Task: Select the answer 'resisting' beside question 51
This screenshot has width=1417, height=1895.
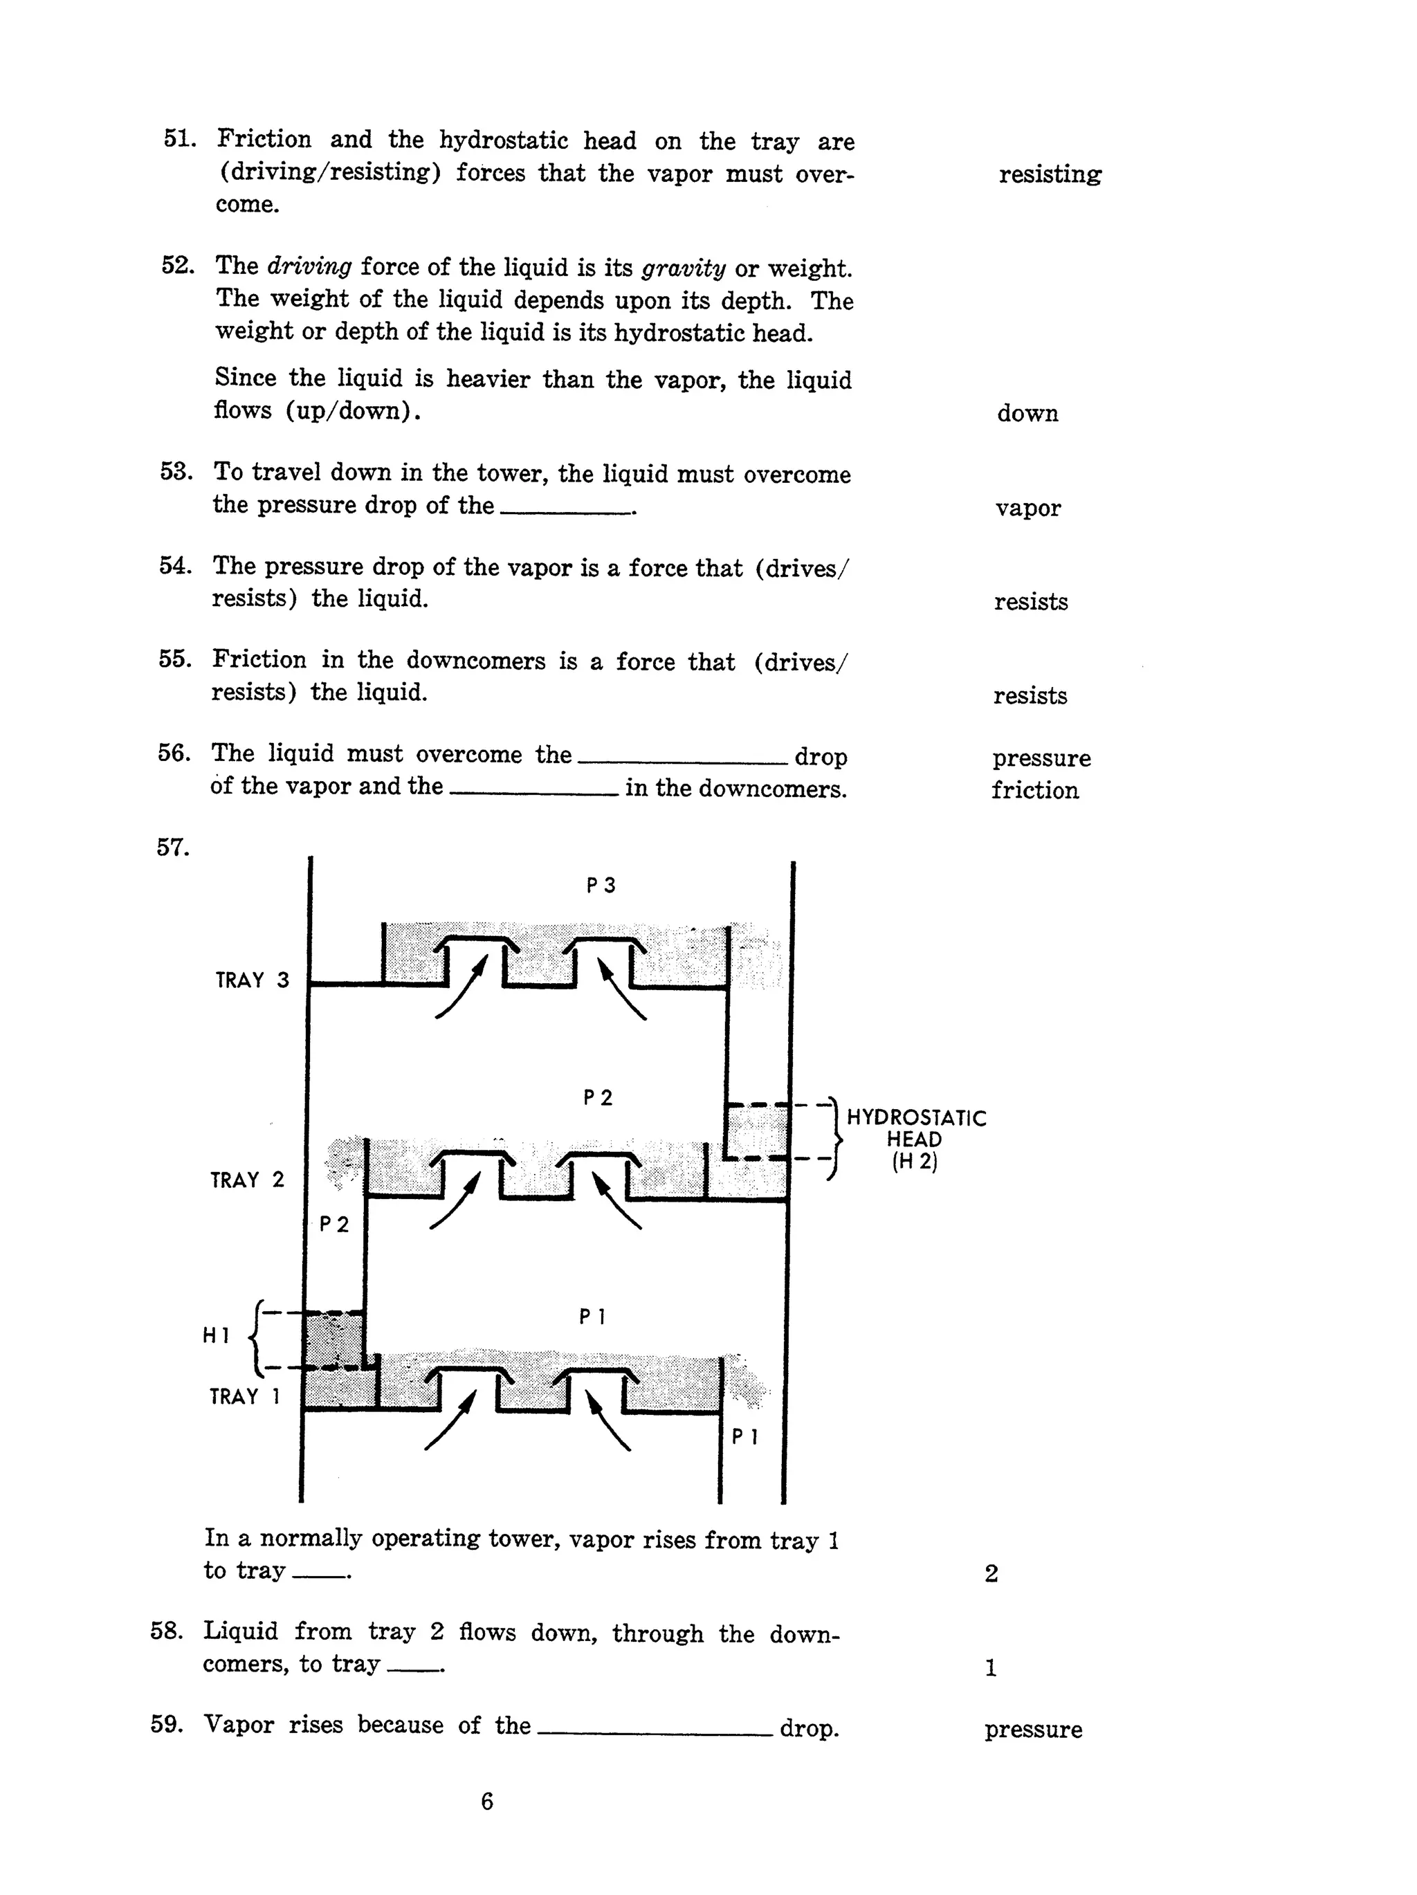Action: click(x=1050, y=175)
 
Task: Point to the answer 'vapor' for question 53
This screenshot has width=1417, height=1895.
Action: click(x=1027, y=508)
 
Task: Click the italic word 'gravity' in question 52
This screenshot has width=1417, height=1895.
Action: click(x=683, y=268)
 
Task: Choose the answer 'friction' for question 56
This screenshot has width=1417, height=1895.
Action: click(x=1034, y=791)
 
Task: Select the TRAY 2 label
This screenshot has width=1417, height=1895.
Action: click(x=247, y=1180)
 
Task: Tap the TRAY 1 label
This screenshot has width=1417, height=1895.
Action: click(x=245, y=1396)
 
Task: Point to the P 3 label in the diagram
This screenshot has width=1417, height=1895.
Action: click(x=601, y=885)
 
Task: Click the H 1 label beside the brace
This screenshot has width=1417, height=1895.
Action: click(x=216, y=1335)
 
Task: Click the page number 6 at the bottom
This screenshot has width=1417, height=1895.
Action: click(x=486, y=1802)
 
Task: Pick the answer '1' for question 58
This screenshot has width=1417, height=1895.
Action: click(x=990, y=1668)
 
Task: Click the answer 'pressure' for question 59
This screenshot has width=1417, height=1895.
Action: click(x=1032, y=1730)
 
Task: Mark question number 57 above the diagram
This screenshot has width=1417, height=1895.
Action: click(x=172, y=848)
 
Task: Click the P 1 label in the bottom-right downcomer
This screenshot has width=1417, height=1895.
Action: click(x=744, y=1437)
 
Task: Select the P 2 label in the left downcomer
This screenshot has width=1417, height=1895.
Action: click(x=334, y=1224)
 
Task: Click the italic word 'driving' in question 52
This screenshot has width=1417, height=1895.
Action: click(x=309, y=267)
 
